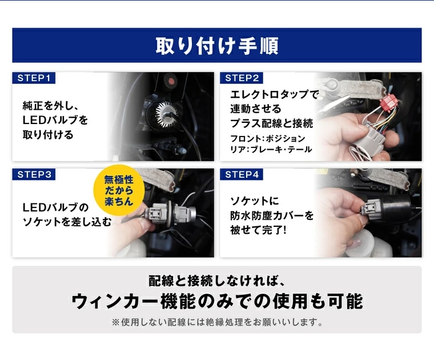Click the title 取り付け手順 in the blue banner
click(217, 46)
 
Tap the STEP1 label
click(34, 78)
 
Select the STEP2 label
click(242, 78)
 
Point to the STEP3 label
click(34, 174)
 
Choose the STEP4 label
click(242, 174)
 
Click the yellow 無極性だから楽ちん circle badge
click(119, 190)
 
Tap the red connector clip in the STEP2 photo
click(389, 103)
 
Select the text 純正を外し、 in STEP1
click(51, 106)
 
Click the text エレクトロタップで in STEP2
click(274, 94)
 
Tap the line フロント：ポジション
click(267, 138)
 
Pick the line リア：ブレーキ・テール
click(271, 150)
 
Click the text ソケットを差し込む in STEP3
click(67, 222)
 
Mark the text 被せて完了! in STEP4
click(258, 230)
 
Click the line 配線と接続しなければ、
click(217, 281)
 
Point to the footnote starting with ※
click(217, 322)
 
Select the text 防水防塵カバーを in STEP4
click(272, 215)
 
